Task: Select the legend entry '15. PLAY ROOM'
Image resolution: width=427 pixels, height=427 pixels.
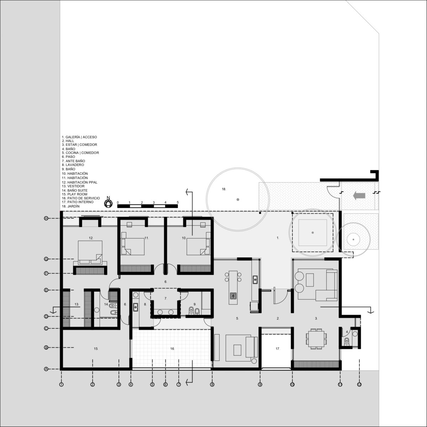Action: [x=75, y=194]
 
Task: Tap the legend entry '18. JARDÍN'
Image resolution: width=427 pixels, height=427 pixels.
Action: [x=71, y=206]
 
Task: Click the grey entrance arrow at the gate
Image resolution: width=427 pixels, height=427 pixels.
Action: [x=359, y=196]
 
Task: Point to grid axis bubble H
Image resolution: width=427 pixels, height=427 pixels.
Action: [x=46, y=218]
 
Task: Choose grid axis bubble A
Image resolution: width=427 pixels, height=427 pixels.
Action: [x=46, y=369]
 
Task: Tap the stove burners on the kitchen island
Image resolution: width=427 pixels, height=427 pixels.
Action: [x=233, y=296]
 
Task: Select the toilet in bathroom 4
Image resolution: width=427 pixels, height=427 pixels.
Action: [x=347, y=342]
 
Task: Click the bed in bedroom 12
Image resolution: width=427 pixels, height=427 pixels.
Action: [x=90, y=253]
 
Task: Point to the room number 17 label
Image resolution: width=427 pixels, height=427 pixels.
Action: [x=278, y=349]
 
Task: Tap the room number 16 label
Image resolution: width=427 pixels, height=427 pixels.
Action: [x=172, y=349]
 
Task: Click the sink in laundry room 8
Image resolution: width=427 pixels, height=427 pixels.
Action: [x=136, y=307]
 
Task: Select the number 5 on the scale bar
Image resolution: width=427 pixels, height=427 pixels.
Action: [x=178, y=202]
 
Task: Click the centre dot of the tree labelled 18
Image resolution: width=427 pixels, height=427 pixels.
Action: [x=238, y=199]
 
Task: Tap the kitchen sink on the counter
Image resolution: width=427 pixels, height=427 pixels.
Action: [x=255, y=280]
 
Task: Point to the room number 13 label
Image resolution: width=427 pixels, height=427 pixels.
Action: [x=77, y=305]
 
